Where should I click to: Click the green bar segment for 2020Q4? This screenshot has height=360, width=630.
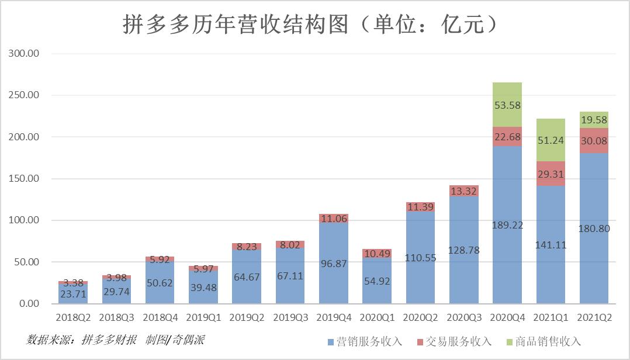[x=507, y=105]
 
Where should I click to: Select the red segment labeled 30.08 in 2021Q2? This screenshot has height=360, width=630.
[x=594, y=140]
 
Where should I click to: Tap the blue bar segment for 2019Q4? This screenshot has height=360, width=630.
[x=334, y=263]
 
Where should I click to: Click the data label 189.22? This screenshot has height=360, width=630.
[x=507, y=225]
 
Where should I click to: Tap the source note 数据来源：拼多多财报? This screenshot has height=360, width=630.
[x=82, y=340]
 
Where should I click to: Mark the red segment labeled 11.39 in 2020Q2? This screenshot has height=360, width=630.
[x=421, y=207]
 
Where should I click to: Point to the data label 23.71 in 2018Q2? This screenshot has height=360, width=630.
[x=73, y=294]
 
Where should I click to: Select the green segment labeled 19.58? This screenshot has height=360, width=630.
[x=594, y=120]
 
